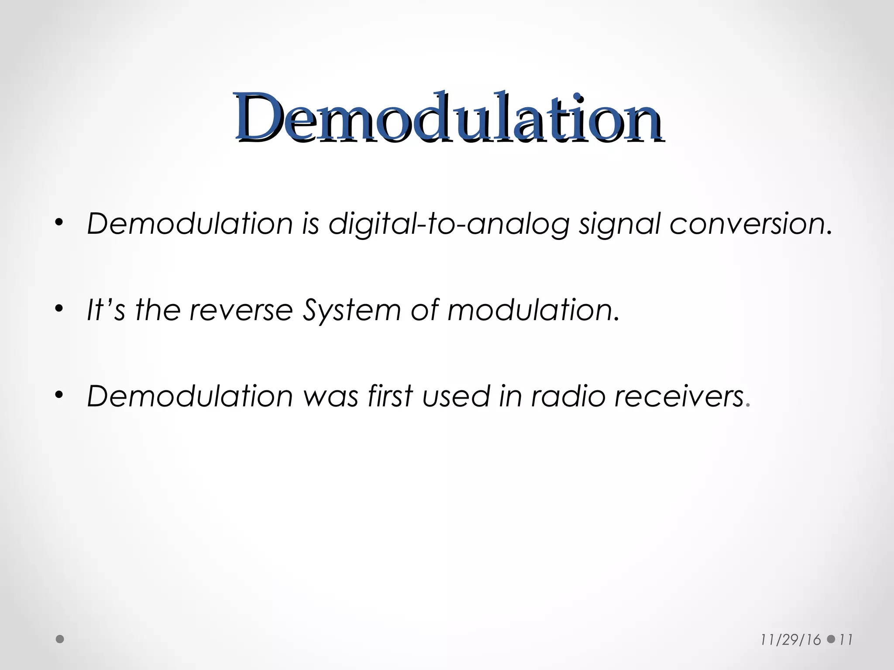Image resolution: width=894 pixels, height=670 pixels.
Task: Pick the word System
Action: (x=351, y=311)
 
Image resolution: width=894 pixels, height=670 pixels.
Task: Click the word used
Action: (x=456, y=396)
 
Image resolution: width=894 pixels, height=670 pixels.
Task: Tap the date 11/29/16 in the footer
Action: (x=791, y=640)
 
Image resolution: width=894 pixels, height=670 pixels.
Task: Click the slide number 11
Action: (x=846, y=640)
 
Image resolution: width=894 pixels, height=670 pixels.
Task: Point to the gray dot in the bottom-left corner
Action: (x=60, y=639)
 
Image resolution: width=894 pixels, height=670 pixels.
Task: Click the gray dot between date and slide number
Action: (x=831, y=639)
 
